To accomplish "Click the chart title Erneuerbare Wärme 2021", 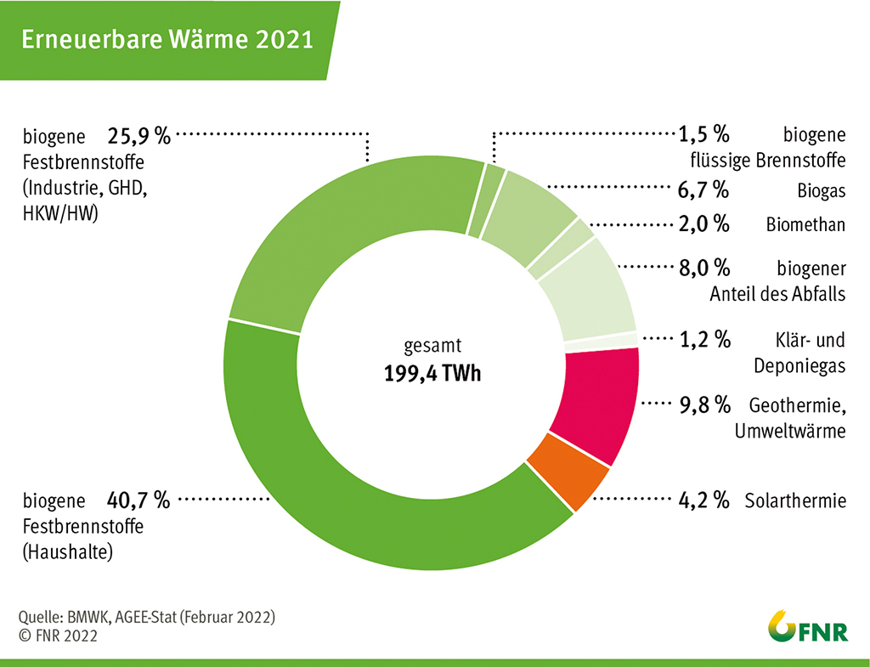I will (167, 40).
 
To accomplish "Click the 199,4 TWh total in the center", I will (432, 373).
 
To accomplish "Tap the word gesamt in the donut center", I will (431, 347).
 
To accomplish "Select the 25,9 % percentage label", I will (139, 135).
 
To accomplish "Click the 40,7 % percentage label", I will (139, 500).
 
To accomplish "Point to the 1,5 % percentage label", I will (704, 135).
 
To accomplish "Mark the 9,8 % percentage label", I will (704, 404).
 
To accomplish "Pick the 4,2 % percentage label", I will (704, 500).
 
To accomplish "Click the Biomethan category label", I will (805, 224).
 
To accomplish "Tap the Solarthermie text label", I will (795, 500).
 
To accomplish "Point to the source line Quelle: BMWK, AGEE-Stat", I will (146, 616).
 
